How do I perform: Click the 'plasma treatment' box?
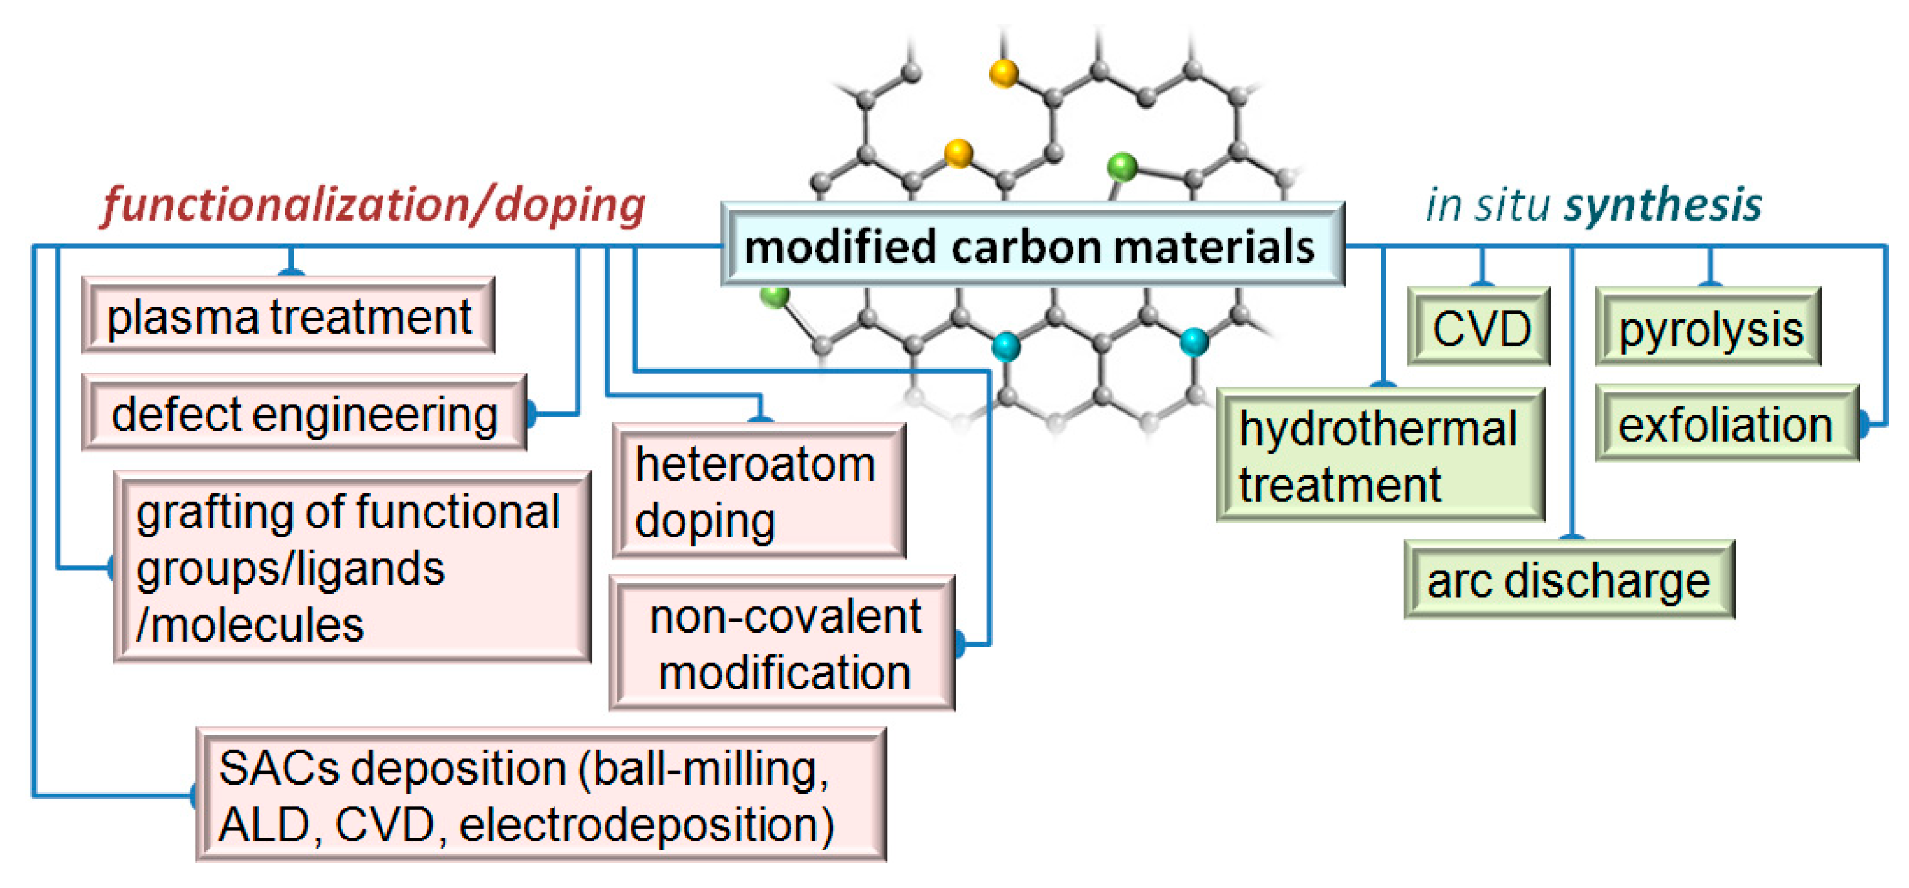[x=289, y=316]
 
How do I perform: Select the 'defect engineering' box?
[x=304, y=413]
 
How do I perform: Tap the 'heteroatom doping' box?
[x=758, y=492]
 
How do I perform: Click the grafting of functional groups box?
[x=352, y=567]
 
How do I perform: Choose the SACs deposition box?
[x=541, y=796]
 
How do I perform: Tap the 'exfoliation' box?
[x=1726, y=424]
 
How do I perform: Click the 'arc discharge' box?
[x=1569, y=579]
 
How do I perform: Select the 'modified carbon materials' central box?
[x=1031, y=245]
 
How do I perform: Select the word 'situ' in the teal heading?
[x=1511, y=204]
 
